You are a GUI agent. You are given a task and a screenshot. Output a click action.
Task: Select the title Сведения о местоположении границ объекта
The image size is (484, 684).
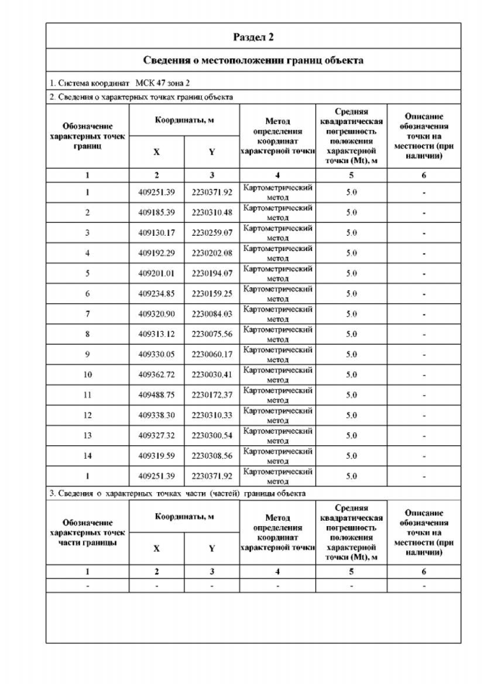[x=253, y=60]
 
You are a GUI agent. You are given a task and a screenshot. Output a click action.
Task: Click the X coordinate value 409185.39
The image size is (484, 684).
[x=157, y=212]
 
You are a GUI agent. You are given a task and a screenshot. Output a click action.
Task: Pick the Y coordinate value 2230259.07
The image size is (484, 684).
[x=212, y=233]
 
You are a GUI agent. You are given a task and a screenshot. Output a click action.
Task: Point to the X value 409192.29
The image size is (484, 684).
[x=157, y=253]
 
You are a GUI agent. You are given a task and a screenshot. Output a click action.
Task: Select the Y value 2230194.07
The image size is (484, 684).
[x=212, y=274]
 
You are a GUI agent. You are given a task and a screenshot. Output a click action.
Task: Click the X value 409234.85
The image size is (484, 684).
[x=157, y=294]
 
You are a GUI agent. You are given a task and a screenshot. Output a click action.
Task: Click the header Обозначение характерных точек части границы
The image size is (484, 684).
[x=88, y=532]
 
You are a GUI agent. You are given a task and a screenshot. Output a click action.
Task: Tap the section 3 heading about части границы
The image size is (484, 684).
[x=178, y=494]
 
